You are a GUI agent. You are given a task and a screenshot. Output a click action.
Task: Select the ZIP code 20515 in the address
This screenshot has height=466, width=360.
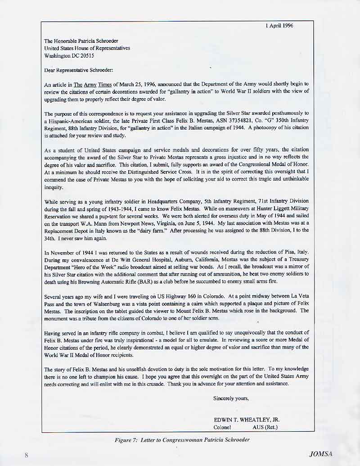(86, 56)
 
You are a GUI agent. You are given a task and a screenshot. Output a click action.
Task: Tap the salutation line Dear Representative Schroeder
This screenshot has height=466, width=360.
(79, 70)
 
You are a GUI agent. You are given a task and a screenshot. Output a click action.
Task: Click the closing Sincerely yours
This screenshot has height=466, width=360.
(231, 398)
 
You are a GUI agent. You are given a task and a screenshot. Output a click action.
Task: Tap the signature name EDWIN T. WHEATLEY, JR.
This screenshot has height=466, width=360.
(247, 420)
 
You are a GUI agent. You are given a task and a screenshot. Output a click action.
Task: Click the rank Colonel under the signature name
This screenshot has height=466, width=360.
(222, 427)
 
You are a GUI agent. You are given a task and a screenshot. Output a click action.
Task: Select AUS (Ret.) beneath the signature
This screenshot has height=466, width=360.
(265, 427)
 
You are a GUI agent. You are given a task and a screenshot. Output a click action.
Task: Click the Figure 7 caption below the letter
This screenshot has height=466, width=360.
(182, 439)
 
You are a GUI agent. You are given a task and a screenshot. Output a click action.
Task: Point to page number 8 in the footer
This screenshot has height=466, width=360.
(26, 455)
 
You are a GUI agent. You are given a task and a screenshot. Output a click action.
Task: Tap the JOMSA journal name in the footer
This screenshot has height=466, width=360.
(321, 454)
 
